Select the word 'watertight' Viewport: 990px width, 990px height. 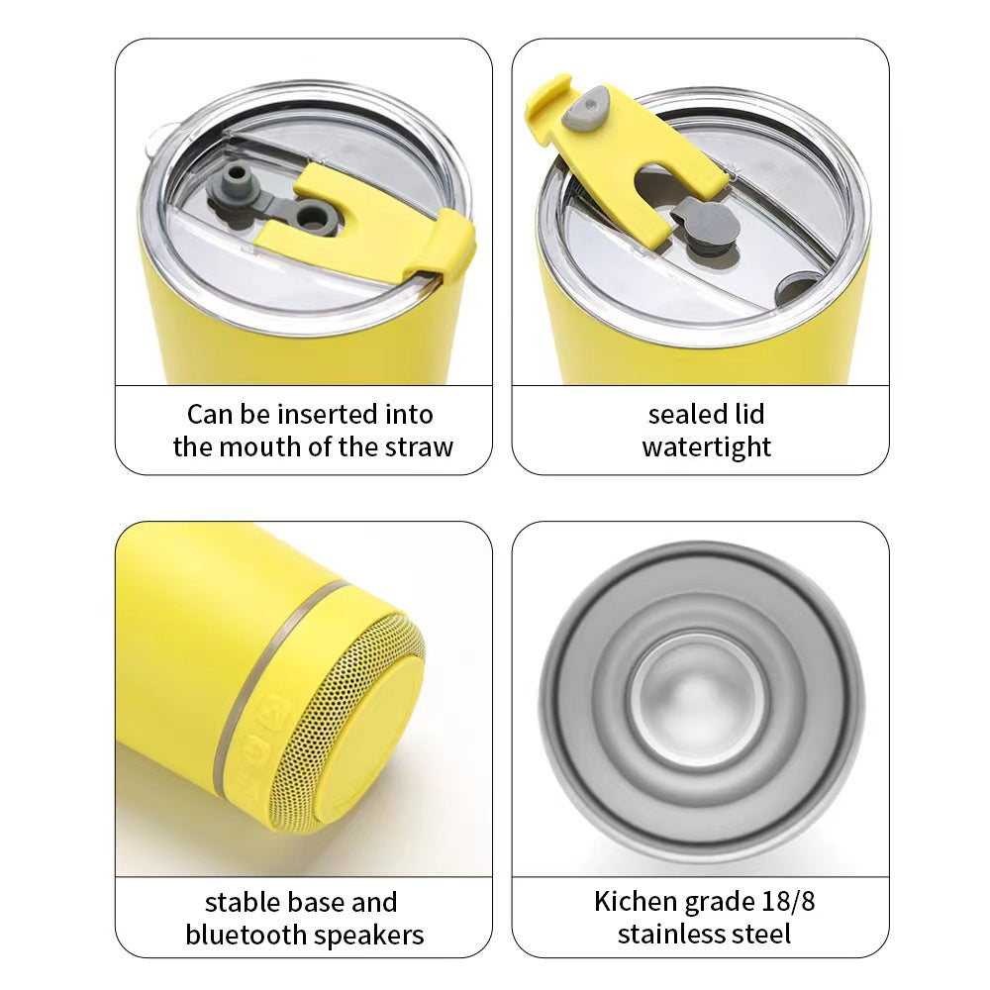pos(707,447)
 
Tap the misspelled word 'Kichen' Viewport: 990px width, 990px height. pos(636,902)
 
